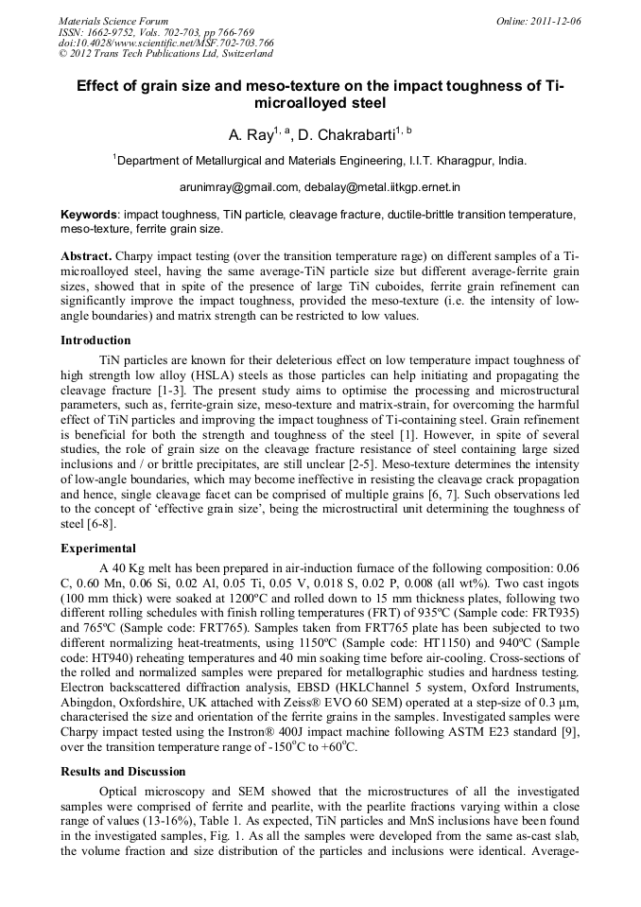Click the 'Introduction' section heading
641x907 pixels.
(95, 340)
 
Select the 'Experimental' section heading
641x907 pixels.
(97, 548)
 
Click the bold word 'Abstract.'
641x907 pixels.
(86, 257)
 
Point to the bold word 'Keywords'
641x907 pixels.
(90, 215)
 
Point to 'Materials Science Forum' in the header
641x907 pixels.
(113, 21)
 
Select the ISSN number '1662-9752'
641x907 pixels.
(116, 32)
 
